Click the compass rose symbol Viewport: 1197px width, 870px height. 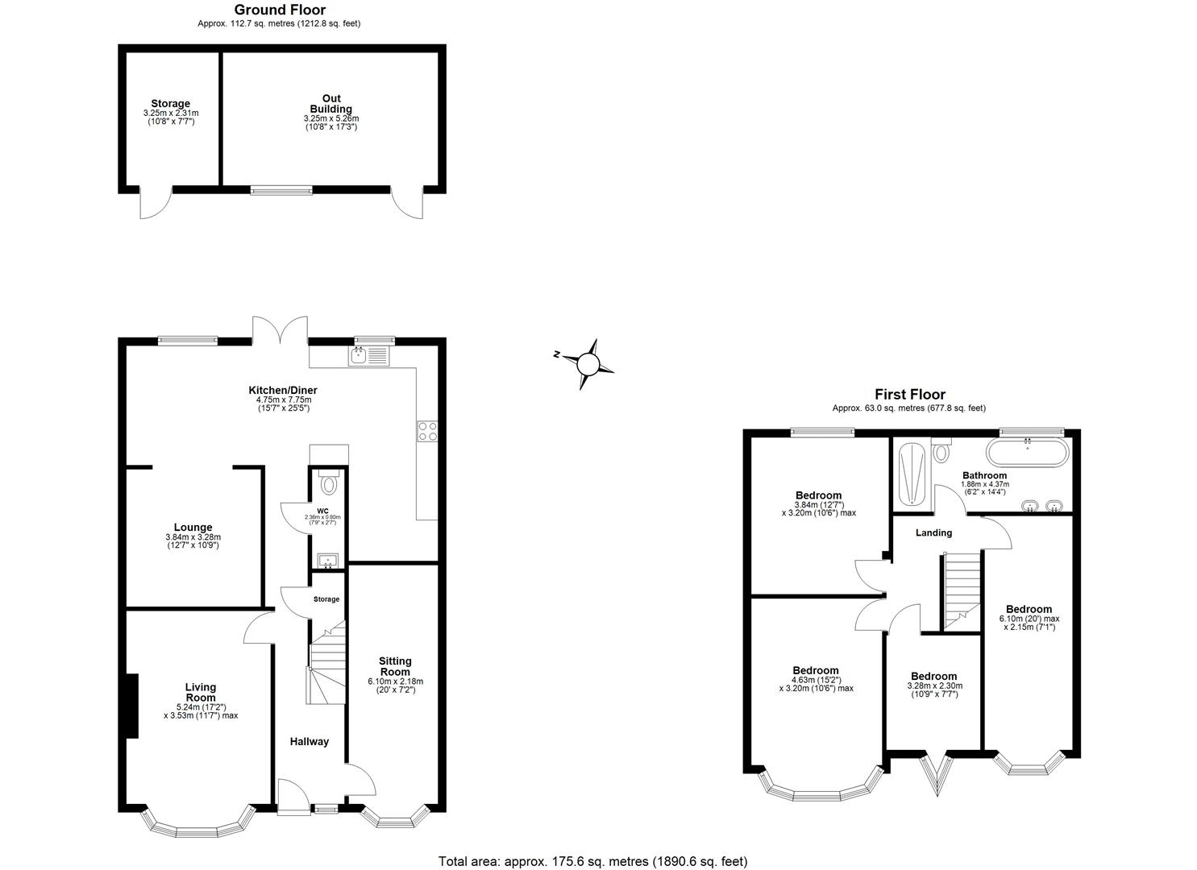click(x=588, y=365)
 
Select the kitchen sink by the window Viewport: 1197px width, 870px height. click(x=368, y=354)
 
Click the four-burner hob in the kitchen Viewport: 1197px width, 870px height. click(x=427, y=432)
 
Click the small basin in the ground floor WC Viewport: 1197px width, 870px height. click(x=328, y=561)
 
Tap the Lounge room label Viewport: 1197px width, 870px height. click(x=193, y=528)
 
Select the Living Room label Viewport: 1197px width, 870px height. click(x=201, y=693)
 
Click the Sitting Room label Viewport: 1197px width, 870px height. click(x=395, y=666)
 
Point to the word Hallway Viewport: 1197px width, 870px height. click(x=310, y=741)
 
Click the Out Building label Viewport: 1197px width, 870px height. click(x=330, y=104)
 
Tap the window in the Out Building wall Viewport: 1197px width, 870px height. click(x=281, y=190)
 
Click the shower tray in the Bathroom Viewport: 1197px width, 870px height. click(x=912, y=474)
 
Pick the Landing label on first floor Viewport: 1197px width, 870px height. click(x=933, y=532)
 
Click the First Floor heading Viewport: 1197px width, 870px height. click(x=909, y=395)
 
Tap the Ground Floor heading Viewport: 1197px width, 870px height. click(x=279, y=10)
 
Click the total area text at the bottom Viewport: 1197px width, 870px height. click(x=592, y=861)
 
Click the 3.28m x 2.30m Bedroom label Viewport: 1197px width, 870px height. click(x=934, y=676)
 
